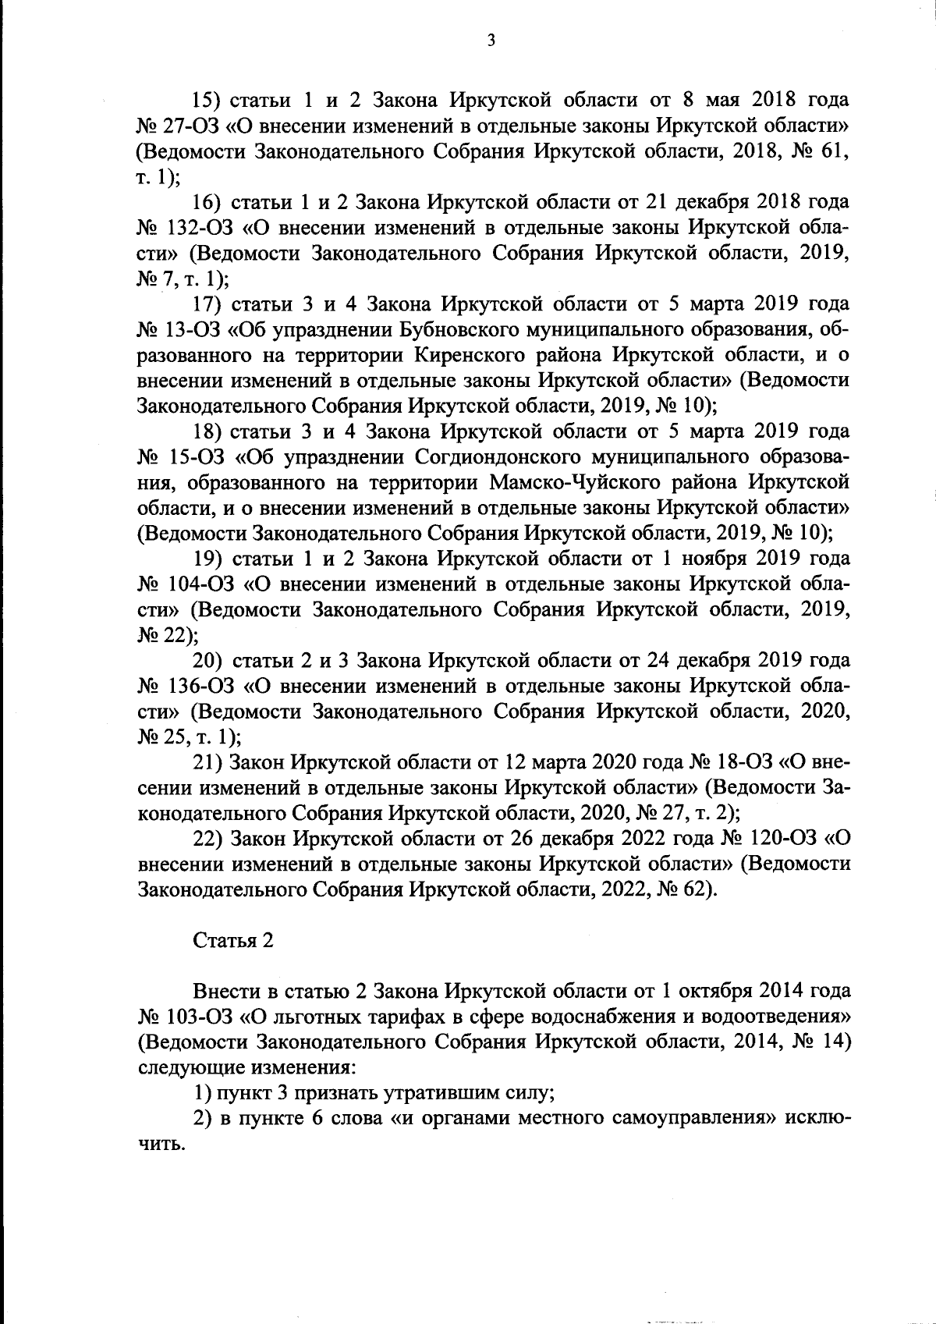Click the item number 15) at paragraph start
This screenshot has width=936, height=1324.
pyautogui.click(x=209, y=101)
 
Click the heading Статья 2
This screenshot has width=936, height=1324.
pyautogui.click(x=233, y=940)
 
